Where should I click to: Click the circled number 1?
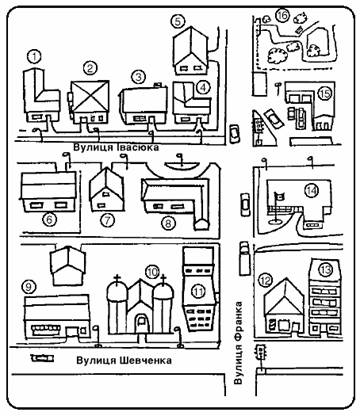tap(34, 56)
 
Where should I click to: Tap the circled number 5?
tap(178, 22)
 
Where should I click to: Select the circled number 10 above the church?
tap(153, 272)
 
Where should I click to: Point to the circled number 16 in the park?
tap(283, 15)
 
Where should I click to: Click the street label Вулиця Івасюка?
tap(116, 147)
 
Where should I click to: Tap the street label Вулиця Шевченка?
tap(124, 360)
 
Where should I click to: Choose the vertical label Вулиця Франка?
tap(238, 343)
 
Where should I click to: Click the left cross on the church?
tap(117, 279)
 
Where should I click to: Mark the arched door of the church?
tap(141, 323)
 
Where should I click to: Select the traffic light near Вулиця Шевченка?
tap(260, 353)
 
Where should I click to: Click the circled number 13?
tap(324, 270)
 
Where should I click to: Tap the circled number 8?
tap(168, 223)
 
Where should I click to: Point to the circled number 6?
tap(50, 219)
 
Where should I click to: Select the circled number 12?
tap(266, 281)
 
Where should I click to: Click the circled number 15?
tap(324, 94)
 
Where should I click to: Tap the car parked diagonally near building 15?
tap(274, 119)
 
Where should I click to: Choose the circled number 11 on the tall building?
tap(199, 291)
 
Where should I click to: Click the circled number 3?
tap(138, 77)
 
